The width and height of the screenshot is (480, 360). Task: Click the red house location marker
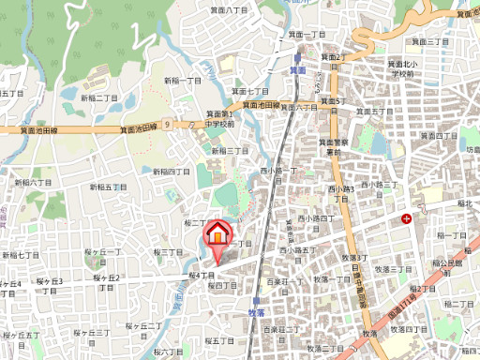(218, 232)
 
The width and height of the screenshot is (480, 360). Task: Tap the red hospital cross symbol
(406, 218)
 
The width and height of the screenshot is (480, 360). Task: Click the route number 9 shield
(165, 123)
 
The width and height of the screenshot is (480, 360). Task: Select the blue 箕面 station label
(297, 70)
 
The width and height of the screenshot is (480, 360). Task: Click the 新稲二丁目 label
(98, 97)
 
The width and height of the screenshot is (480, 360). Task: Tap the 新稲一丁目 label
(183, 82)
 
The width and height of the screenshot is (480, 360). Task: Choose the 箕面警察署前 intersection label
(333, 146)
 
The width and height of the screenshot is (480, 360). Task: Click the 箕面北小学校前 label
(402, 68)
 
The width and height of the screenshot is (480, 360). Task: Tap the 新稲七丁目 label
(20, 255)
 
